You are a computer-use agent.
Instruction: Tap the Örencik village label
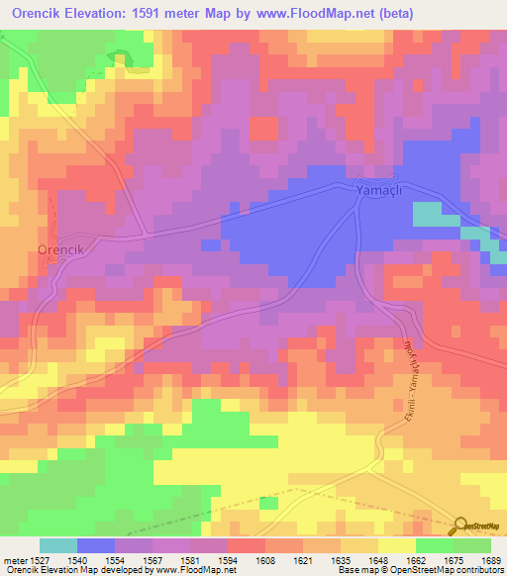pyautogui.click(x=63, y=250)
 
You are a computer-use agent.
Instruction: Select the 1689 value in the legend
pyautogui.click(x=492, y=559)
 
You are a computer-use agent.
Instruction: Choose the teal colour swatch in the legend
pyautogui.click(x=58, y=545)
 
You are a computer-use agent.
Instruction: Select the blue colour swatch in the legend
pyautogui.click(x=96, y=545)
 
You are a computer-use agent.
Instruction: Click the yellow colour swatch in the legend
pyautogui.click(x=397, y=545)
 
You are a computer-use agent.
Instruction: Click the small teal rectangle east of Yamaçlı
pyautogui.click(x=428, y=213)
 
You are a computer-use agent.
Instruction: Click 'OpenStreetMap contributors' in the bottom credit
pyautogui.click(x=454, y=571)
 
